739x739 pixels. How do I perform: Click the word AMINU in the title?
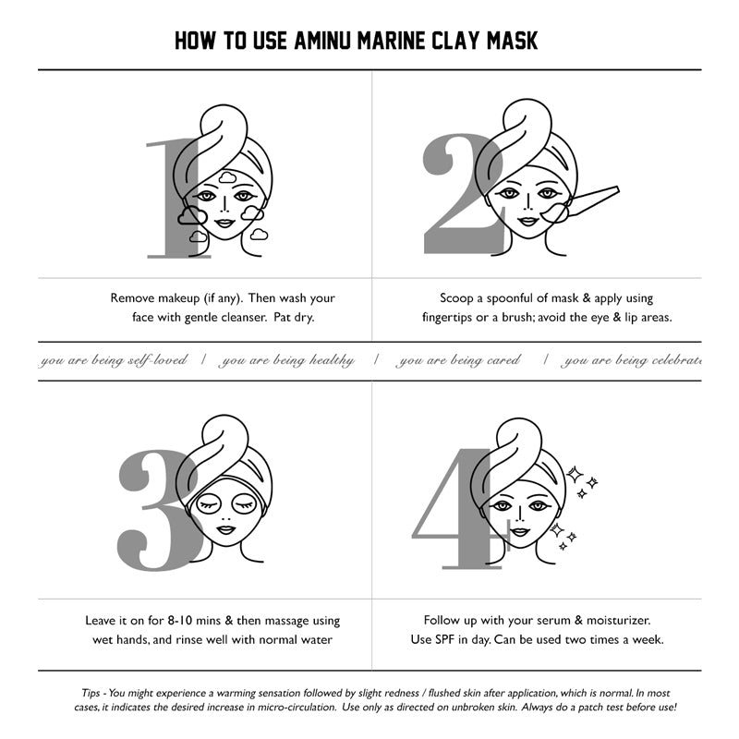click(322, 40)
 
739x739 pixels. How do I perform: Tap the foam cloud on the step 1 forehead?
click(227, 177)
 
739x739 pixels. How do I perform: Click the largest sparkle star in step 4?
click(574, 474)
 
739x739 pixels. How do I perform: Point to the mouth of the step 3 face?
click(225, 529)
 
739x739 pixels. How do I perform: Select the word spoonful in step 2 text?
click(510, 298)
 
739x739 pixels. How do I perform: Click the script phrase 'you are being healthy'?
click(286, 360)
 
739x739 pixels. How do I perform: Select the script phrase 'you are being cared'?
click(458, 360)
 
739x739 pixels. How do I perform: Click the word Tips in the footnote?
click(91, 693)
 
